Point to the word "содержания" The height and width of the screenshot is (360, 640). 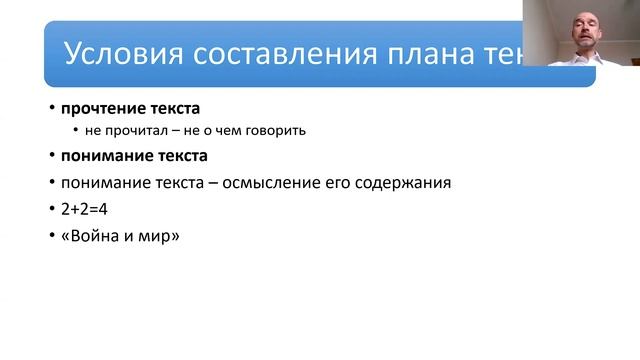click(404, 183)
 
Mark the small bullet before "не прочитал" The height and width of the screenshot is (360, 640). click(75, 131)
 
